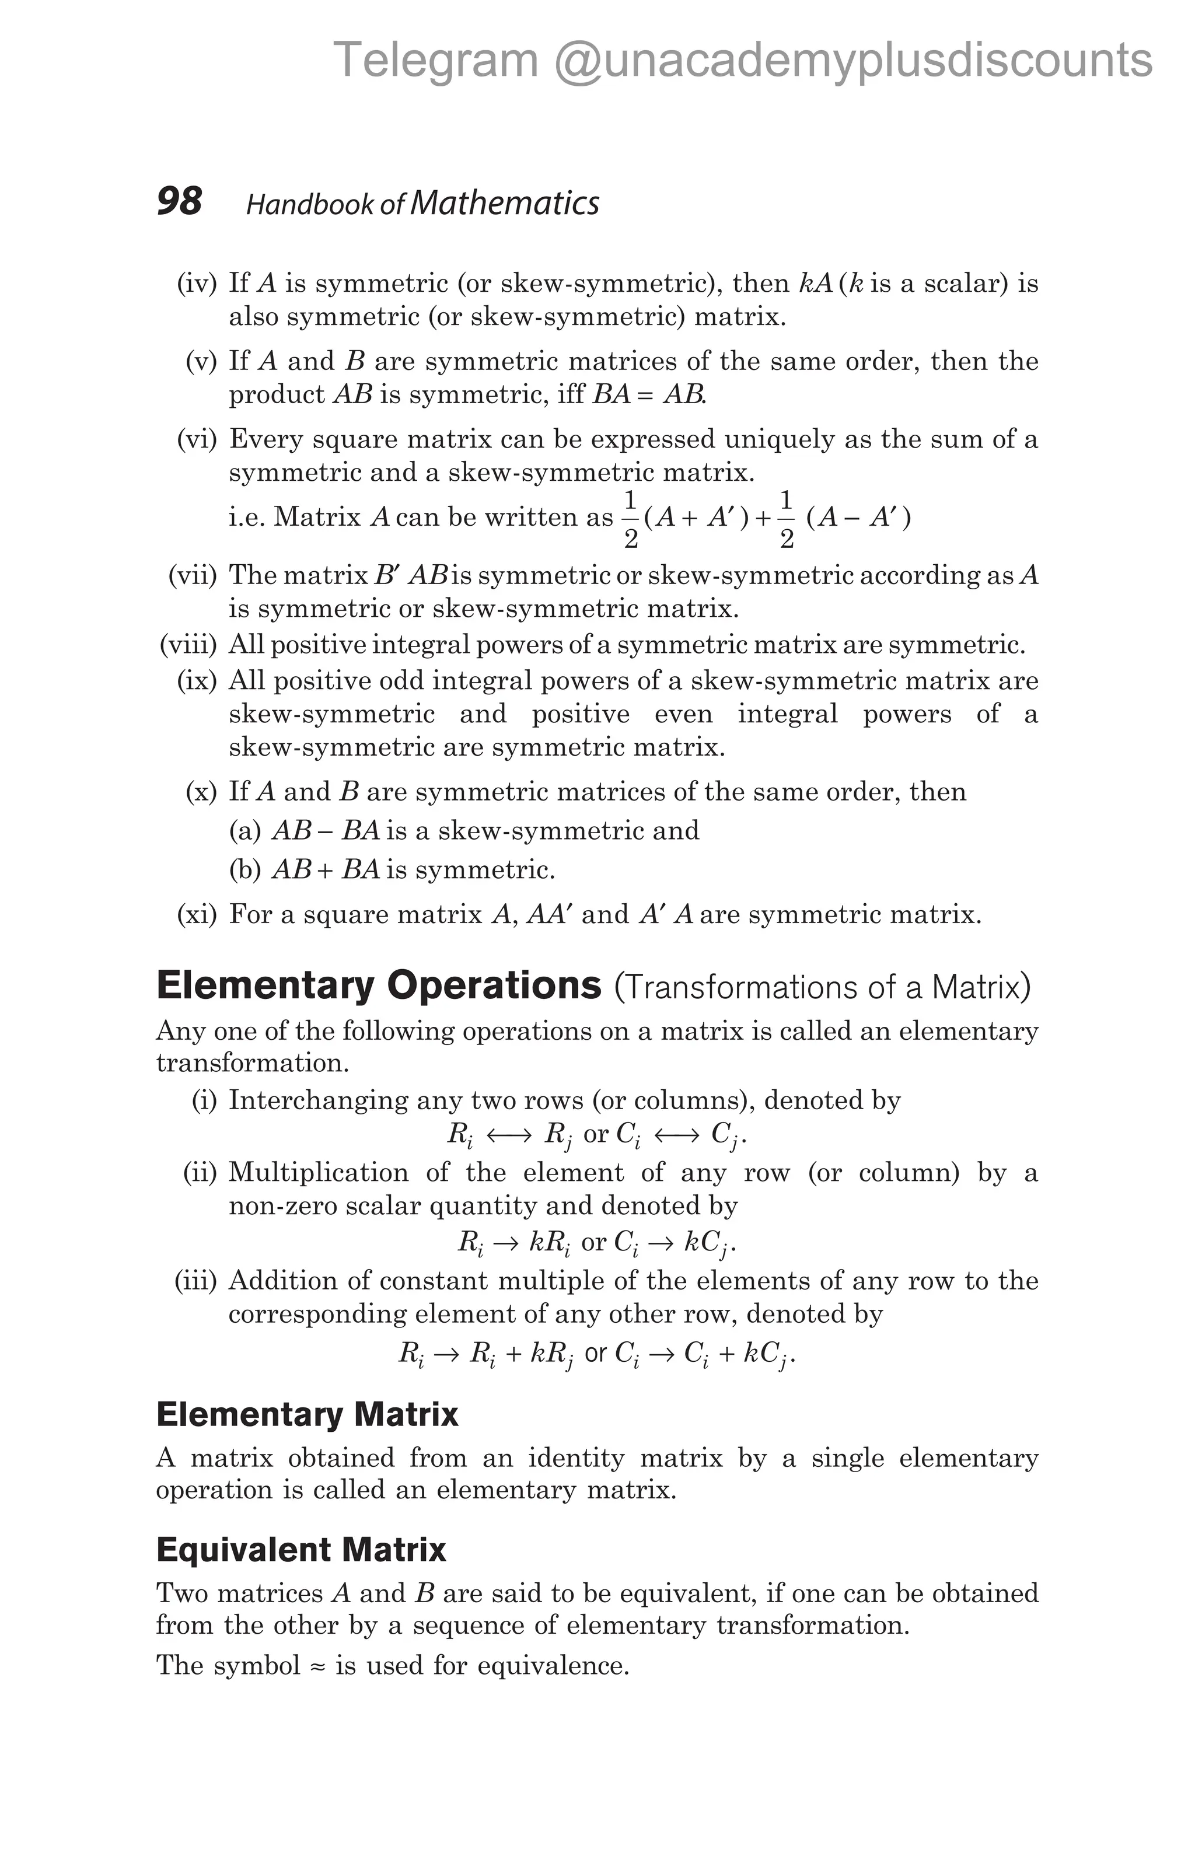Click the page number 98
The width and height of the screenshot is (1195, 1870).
point(179,201)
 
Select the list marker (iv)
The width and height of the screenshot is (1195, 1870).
point(197,284)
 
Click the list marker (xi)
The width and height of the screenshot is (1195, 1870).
point(197,915)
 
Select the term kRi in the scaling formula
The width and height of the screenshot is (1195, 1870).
point(550,1243)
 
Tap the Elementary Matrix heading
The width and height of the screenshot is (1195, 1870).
point(307,1414)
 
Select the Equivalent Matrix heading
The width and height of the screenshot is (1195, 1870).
point(301,1549)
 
